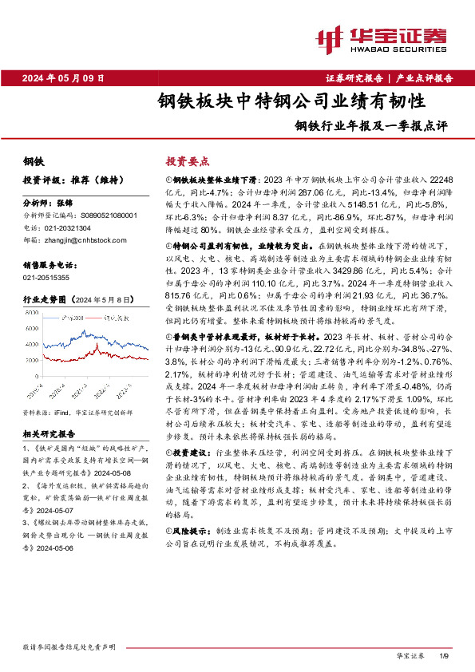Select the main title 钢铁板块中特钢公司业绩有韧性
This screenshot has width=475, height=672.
[x=291, y=102]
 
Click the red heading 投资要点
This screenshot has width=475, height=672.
[x=184, y=160]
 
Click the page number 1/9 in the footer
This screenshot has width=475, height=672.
[x=445, y=655]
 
